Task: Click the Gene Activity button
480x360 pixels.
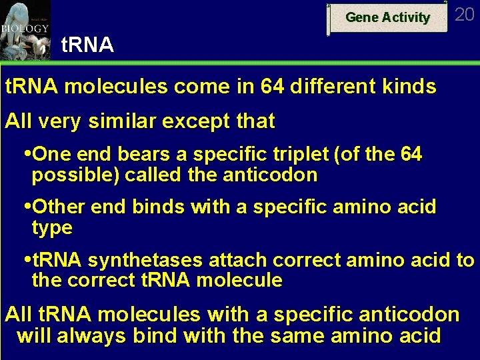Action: tap(387, 18)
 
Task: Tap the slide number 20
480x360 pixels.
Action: tap(465, 15)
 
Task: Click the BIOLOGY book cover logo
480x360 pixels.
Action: tap(25, 30)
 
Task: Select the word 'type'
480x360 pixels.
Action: tap(52, 228)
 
